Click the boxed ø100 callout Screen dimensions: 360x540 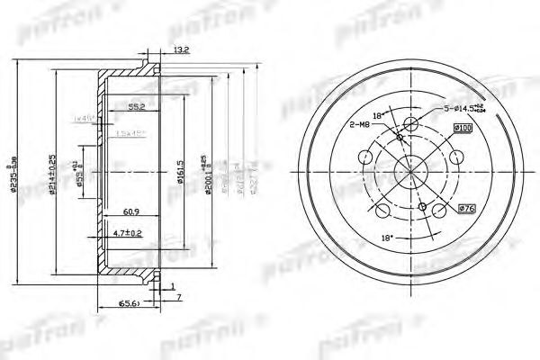point(463,129)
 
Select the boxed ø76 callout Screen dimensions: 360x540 point(466,209)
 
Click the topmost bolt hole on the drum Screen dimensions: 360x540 point(411,125)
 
